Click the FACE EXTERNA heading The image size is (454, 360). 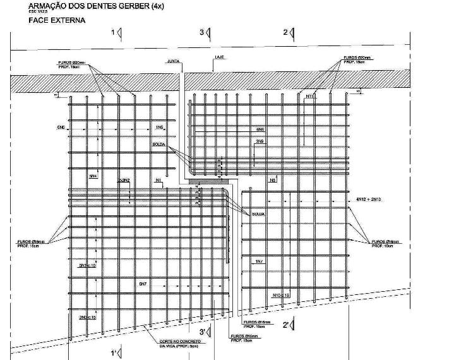coord(57,20)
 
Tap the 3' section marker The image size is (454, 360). coord(203,332)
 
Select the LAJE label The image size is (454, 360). coord(220,57)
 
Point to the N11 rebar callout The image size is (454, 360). coord(310,96)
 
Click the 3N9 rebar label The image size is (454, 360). coord(260,141)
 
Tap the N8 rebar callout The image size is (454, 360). coord(273,181)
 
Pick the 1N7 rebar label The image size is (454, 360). coord(260,261)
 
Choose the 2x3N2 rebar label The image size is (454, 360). coord(124,181)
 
